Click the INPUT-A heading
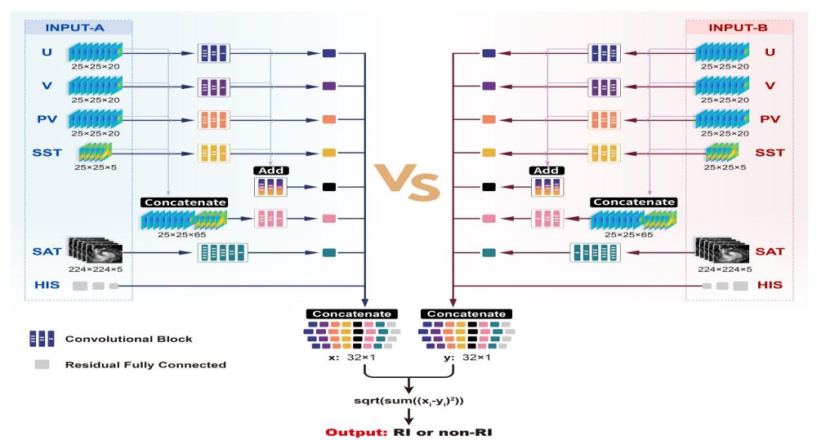74,28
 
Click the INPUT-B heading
738,28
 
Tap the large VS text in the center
408,182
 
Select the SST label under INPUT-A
47,153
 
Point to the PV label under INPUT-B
770,119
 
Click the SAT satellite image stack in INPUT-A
96,251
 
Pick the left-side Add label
271,171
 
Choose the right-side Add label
546,171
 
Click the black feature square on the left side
328,187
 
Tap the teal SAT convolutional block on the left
222,252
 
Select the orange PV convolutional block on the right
604,120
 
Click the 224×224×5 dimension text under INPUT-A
96,269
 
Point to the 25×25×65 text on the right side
628,235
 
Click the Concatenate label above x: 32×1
351,314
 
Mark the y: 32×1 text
467,358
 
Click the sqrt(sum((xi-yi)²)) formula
408,401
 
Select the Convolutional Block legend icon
42,339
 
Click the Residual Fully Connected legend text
145,365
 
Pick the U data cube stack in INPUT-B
722,52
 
